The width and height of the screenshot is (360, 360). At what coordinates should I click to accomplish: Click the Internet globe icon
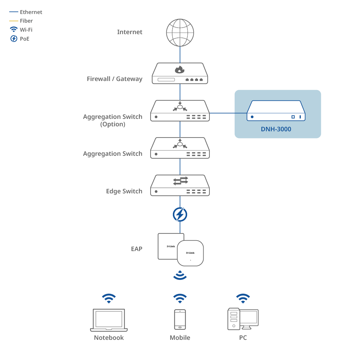180,33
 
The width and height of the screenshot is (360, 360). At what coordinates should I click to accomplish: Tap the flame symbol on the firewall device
180,70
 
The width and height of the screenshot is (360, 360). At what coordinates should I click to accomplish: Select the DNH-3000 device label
276,129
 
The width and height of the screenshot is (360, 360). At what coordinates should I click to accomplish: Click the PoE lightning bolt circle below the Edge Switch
180,214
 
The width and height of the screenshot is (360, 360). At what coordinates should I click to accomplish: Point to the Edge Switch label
124,191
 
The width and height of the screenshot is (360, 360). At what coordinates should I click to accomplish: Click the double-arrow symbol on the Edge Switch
180,181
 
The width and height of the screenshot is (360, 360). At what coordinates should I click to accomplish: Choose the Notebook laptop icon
109,320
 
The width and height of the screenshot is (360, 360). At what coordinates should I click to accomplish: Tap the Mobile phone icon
180,319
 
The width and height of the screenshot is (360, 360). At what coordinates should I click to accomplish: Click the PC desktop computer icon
243,319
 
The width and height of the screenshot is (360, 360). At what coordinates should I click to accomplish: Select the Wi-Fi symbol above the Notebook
109,298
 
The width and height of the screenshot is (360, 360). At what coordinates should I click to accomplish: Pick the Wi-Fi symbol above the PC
243,298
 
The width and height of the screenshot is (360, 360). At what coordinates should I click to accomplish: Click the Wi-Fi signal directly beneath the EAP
180,275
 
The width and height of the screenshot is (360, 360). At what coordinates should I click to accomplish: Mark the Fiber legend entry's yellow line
14,21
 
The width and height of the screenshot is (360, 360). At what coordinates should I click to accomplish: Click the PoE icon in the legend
14,38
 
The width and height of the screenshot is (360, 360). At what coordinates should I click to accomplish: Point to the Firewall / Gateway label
115,79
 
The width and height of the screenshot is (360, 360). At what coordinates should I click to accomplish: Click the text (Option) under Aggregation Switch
113,124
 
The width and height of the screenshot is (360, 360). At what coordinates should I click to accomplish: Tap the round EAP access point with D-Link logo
190,253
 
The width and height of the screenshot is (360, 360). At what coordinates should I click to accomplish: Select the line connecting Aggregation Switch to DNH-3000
228,113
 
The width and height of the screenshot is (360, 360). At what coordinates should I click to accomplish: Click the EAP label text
137,249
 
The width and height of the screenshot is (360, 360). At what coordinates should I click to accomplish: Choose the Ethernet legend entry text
31,12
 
